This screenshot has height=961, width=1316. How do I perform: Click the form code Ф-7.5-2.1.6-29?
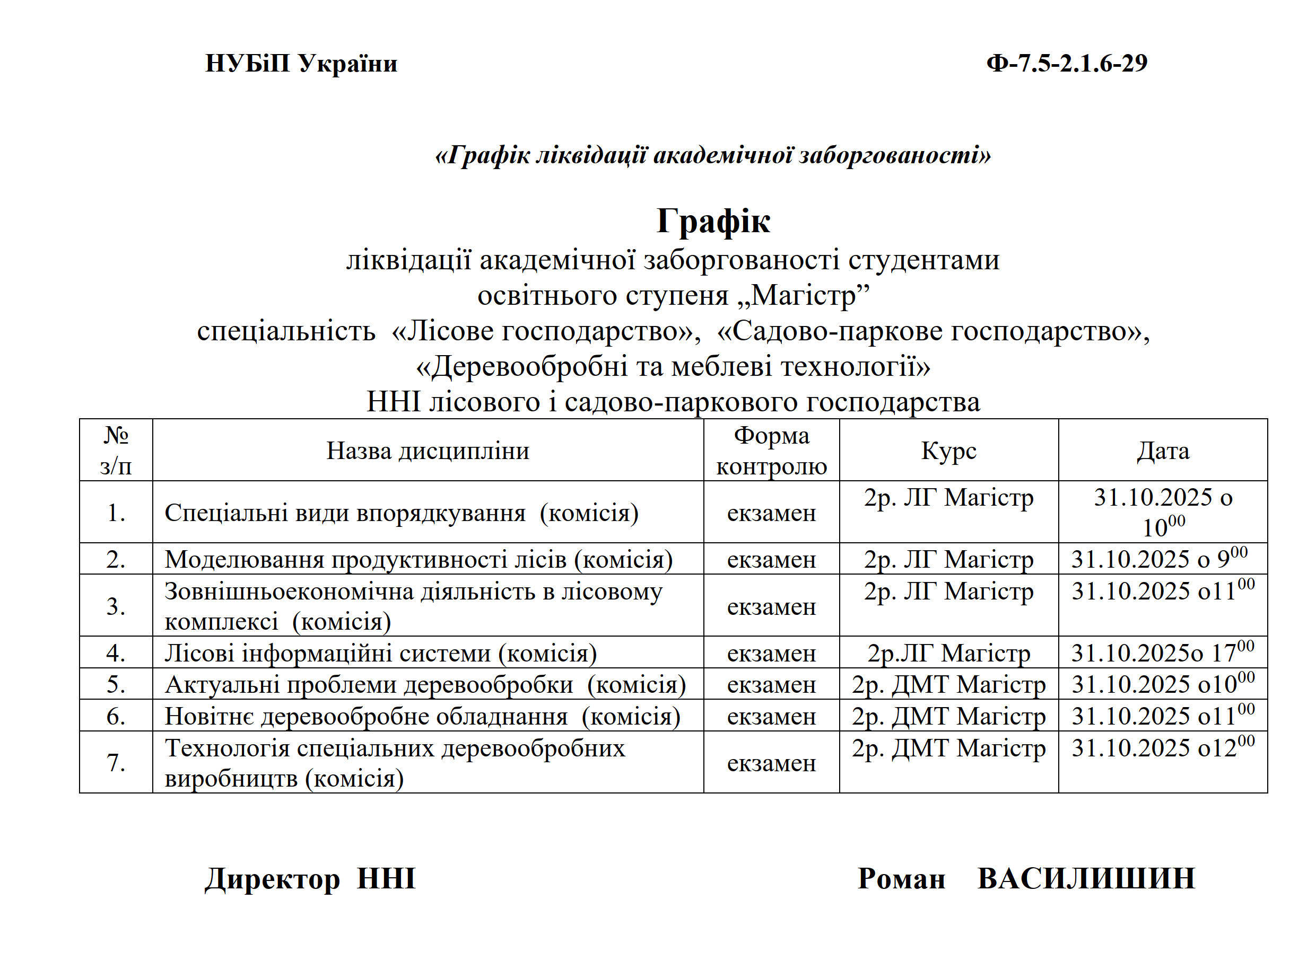click(1066, 64)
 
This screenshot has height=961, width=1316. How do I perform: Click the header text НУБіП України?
click(301, 64)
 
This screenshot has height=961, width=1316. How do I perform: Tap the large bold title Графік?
click(713, 221)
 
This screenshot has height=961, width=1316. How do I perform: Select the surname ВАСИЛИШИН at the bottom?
click(1086, 878)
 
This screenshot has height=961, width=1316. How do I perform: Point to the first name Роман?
click(901, 878)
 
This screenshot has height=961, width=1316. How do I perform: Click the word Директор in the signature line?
click(272, 878)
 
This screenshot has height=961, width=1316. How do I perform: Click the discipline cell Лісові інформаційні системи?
click(381, 653)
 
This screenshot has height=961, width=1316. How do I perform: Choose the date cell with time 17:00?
click(1163, 653)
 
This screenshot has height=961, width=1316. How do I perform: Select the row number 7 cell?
click(116, 762)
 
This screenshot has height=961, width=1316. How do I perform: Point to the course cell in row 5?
click(949, 685)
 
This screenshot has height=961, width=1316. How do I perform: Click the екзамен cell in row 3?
click(771, 607)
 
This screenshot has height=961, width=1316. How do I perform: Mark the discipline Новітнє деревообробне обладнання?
click(423, 716)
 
